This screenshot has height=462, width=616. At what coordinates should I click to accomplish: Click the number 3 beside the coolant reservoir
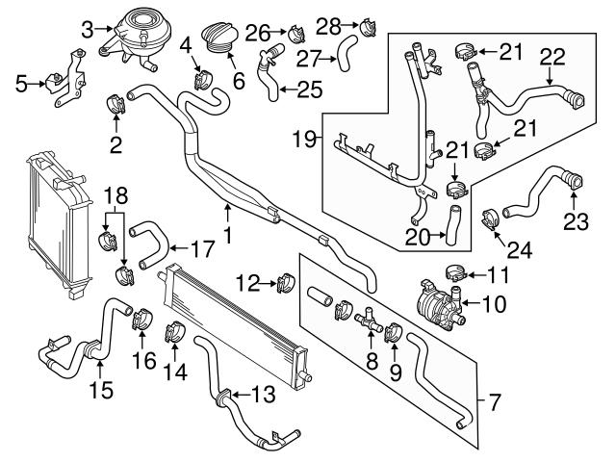[88, 29]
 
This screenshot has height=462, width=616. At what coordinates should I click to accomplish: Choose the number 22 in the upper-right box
[551, 57]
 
